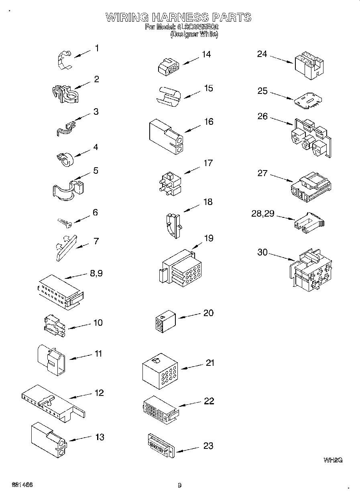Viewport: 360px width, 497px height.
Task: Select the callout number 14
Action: click(206, 54)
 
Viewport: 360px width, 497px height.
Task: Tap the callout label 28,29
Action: click(263, 213)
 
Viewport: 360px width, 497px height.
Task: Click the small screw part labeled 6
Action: click(63, 222)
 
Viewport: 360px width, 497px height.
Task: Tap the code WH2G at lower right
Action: click(332, 460)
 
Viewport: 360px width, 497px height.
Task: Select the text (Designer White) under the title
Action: click(194, 35)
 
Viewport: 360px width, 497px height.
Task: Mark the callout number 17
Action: click(208, 163)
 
